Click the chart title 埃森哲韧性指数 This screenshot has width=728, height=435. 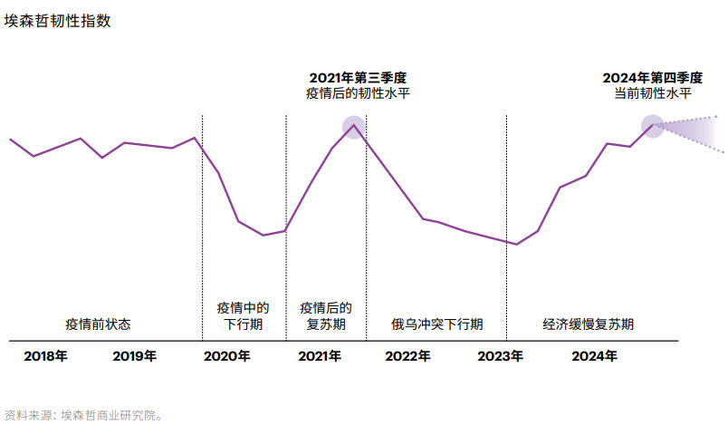coord(58,21)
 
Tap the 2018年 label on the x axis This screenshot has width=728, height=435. coord(45,356)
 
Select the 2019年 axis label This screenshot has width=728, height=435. coord(135,356)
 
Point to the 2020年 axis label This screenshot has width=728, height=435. coord(227,356)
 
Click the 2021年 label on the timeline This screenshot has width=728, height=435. coord(319,356)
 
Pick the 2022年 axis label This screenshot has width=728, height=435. coord(407,356)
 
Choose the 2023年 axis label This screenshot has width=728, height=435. coord(500,356)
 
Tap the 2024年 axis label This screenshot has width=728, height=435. coord(595,356)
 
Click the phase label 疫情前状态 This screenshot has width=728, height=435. coord(98,324)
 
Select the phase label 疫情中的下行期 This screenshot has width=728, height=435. coord(243,315)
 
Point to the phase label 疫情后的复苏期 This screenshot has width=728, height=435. coord(326,315)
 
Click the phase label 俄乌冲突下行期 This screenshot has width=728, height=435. coord(436,324)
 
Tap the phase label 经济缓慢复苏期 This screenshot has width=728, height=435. coord(589,324)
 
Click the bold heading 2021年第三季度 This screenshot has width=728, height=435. coord(358,78)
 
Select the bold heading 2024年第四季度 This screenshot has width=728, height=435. coord(652,78)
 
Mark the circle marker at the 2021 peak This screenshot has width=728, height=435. coord(353,127)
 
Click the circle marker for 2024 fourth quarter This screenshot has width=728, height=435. coord(653,126)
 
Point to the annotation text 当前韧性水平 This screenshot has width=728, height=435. coord(652,93)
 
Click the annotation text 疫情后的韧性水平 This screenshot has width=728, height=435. coord(358,93)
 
